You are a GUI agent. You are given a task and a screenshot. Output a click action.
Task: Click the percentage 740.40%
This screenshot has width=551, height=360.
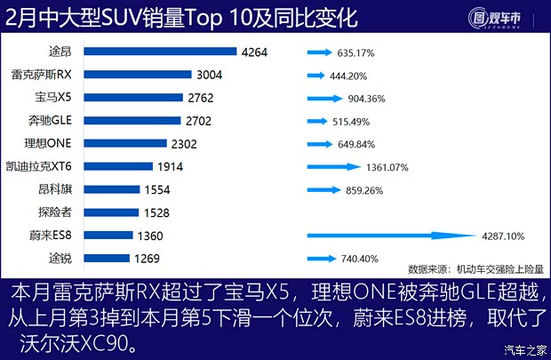point(359,259)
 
